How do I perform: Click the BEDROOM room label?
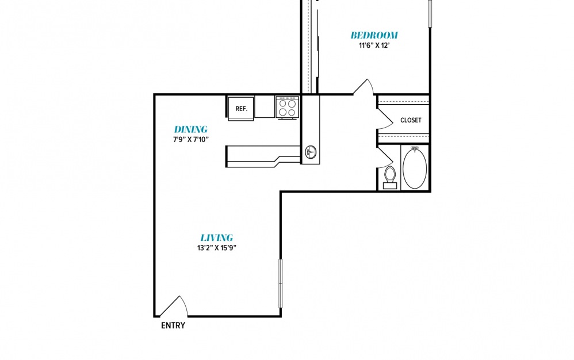(374, 35)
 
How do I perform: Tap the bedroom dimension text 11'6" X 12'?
(373, 46)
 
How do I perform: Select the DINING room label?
(191, 129)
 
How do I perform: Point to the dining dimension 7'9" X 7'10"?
(191, 139)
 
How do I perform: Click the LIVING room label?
(217, 238)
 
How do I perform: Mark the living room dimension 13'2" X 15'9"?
(217, 248)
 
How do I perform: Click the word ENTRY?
(173, 325)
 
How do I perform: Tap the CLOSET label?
(411, 120)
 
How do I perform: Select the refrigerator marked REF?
(241, 109)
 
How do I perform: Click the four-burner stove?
(288, 107)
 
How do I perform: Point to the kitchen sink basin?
(311, 152)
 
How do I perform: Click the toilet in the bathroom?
(390, 178)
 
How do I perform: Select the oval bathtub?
(415, 168)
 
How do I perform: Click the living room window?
(281, 283)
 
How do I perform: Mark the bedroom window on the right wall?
(430, 14)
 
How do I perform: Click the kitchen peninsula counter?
(262, 156)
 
